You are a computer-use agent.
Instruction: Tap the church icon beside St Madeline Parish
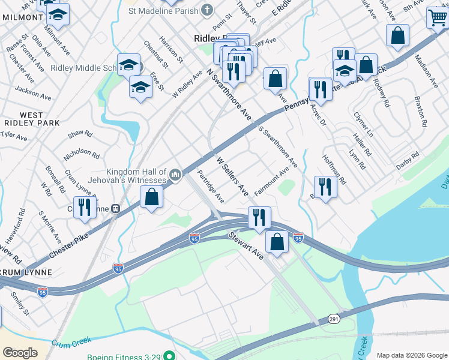(x=206, y=10)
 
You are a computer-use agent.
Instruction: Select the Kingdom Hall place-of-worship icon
(x=175, y=175)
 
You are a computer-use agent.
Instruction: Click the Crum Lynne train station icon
(x=113, y=209)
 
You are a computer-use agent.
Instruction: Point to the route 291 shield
(x=334, y=319)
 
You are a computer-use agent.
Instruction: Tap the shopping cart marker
(x=438, y=18)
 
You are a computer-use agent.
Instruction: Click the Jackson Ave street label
(x=33, y=92)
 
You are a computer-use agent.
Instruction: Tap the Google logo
(x=20, y=353)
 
